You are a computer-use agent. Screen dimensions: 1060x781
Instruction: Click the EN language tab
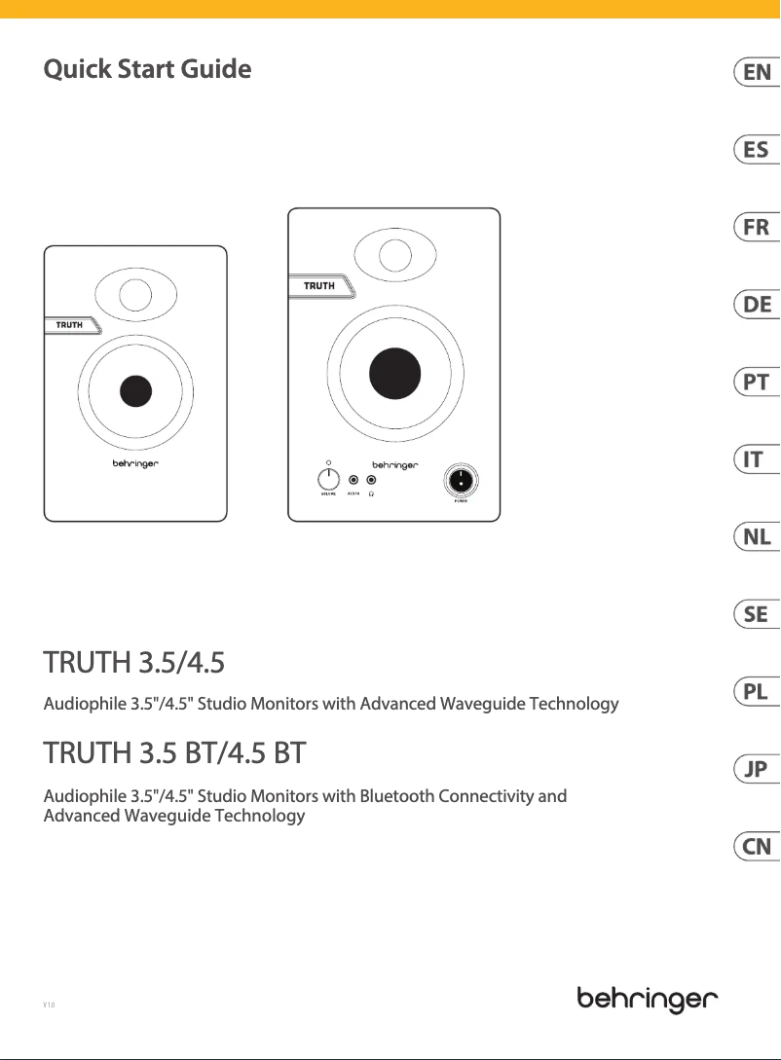pyautogui.click(x=757, y=72)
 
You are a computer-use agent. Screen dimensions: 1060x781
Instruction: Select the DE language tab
pyautogui.click(x=757, y=305)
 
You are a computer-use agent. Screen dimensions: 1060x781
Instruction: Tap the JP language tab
pyautogui.click(x=757, y=770)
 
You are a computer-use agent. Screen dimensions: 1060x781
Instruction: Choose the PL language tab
pyautogui.click(x=757, y=692)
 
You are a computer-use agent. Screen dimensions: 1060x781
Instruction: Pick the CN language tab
pyautogui.click(x=757, y=847)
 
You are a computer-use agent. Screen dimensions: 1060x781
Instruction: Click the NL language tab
pyautogui.click(x=757, y=537)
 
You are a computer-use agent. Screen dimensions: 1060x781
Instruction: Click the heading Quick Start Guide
pyautogui.click(x=147, y=70)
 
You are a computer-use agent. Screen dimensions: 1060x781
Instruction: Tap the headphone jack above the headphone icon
pyautogui.click(x=371, y=480)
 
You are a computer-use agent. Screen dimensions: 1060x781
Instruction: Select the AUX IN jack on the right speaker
pyautogui.click(x=353, y=480)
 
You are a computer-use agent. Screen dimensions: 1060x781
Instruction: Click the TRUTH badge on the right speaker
pyautogui.click(x=319, y=286)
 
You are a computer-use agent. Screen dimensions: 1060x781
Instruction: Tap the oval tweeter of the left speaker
pyautogui.click(x=135, y=294)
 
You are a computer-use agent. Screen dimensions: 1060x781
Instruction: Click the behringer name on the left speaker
pyautogui.click(x=135, y=464)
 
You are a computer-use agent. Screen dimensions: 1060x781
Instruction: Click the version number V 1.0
pyautogui.click(x=49, y=1003)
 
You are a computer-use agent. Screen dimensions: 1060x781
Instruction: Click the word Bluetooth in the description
pyautogui.click(x=397, y=770)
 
